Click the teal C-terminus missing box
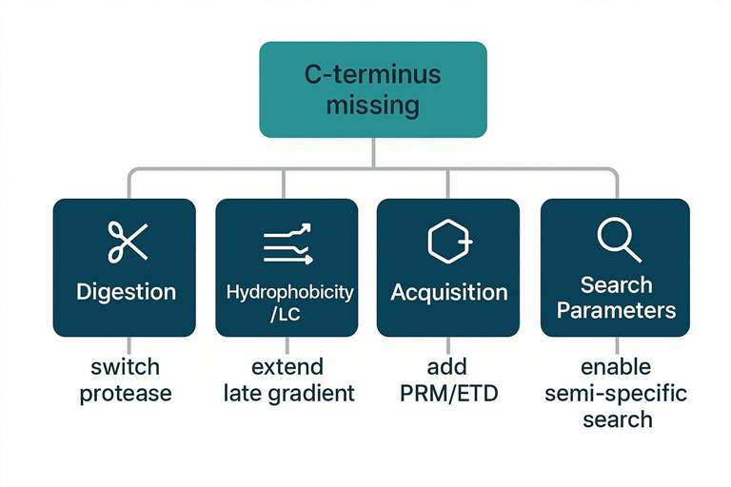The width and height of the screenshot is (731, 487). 373,89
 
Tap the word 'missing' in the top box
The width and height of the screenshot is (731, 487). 373,105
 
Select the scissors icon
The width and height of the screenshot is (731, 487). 128,242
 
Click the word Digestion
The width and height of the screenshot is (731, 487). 127,291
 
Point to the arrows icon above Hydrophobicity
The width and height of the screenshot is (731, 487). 286,243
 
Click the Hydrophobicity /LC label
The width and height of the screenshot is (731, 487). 289,302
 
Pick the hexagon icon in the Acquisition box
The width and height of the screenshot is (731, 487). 448,242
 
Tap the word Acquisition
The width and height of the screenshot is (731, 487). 449,291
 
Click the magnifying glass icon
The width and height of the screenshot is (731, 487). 618,240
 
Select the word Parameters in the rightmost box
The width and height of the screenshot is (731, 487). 617,310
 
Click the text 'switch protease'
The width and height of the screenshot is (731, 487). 126,380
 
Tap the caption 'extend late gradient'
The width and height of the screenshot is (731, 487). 288,380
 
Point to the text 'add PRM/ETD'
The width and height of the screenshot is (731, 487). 448,380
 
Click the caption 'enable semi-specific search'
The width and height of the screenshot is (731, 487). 617,393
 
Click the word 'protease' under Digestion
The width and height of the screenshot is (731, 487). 126,393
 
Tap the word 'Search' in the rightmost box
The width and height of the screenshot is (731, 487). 617,284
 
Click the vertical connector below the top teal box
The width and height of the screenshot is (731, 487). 373,153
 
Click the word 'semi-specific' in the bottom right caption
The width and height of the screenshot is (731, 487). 617,393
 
